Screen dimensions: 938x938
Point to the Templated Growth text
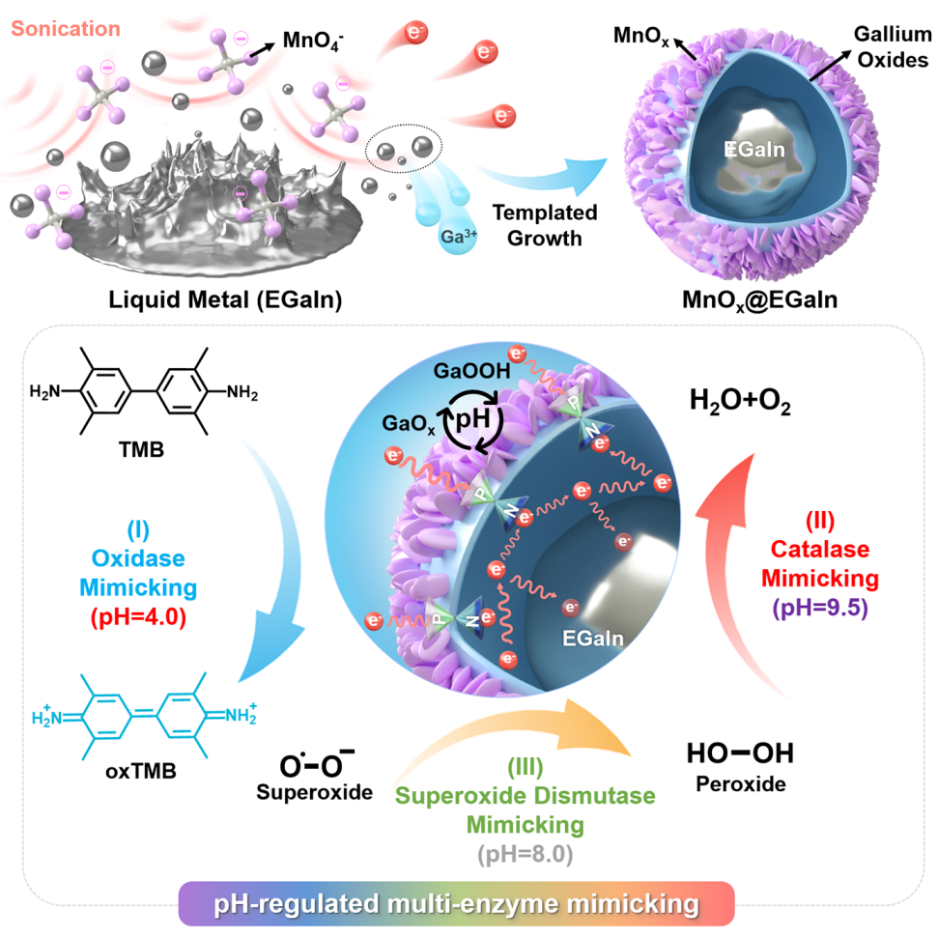544,225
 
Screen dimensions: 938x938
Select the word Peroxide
741,784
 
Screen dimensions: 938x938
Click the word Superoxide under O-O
315,794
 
